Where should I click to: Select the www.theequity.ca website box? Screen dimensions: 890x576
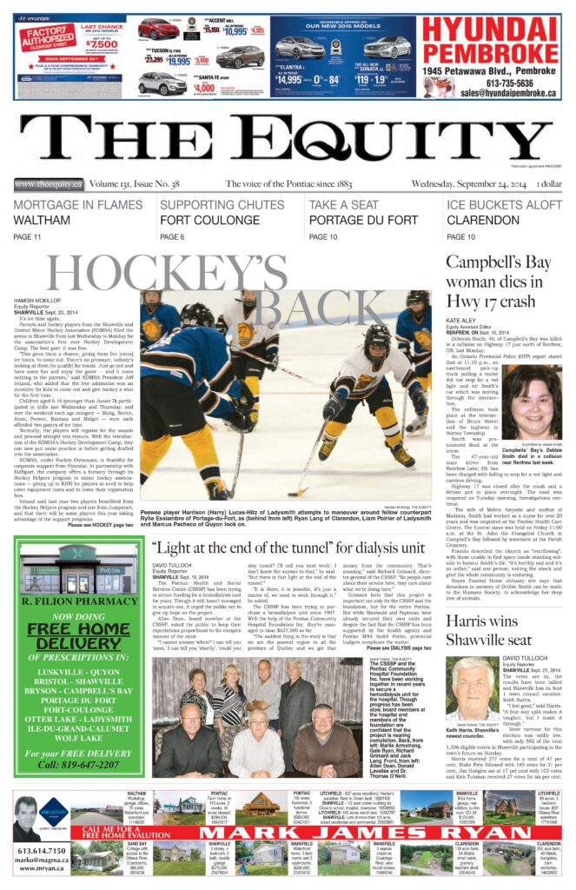(x=48, y=184)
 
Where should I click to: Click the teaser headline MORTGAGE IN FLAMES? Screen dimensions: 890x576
(x=77, y=205)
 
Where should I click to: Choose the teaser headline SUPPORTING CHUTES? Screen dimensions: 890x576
(x=210, y=205)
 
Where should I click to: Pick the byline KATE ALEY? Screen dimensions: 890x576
(x=463, y=321)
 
